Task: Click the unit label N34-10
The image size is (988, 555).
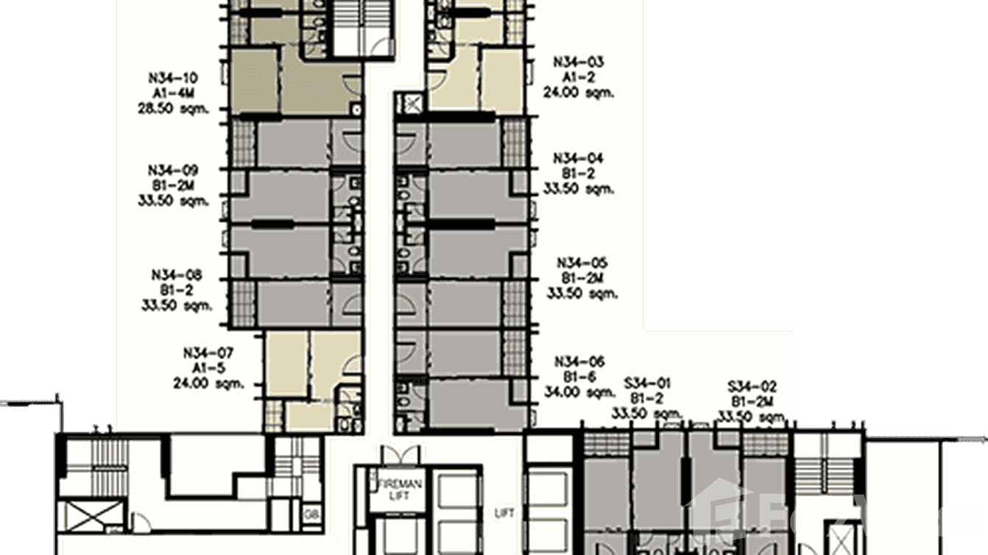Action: point(173,78)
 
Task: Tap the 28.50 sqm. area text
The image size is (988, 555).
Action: point(173,109)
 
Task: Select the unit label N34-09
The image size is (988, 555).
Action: point(173,169)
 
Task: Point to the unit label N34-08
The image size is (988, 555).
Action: point(177,275)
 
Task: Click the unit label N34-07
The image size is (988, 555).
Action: point(207,352)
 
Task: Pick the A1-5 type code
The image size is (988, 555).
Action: point(207,367)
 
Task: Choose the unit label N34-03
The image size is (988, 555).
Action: point(579,63)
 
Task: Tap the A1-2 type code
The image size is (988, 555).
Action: point(579,78)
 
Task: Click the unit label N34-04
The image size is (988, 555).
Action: point(579,158)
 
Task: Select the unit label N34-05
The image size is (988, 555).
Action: point(582,263)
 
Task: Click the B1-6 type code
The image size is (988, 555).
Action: point(580,376)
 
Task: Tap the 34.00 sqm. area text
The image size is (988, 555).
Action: point(580,392)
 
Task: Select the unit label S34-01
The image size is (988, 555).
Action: point(647,383)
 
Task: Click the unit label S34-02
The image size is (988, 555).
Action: point(751,386)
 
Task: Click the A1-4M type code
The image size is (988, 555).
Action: point(173,93)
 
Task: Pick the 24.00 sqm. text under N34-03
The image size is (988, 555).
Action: point(579,93)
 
